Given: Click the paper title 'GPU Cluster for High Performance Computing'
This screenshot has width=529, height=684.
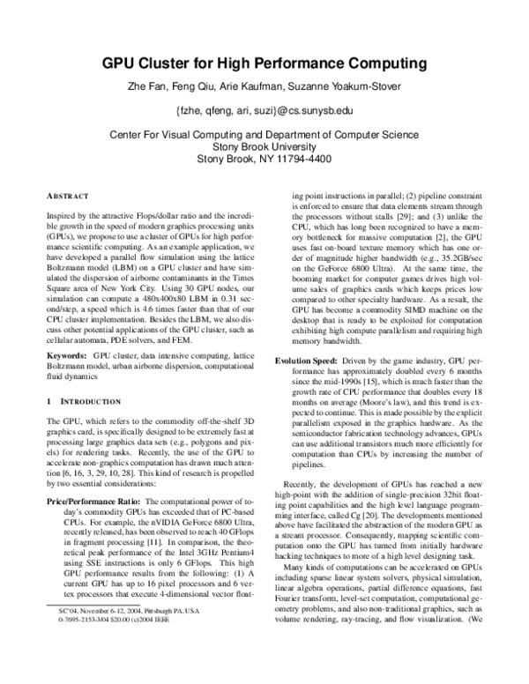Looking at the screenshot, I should [264, 64].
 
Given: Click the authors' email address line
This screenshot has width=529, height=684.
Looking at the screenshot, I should [264, 112].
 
